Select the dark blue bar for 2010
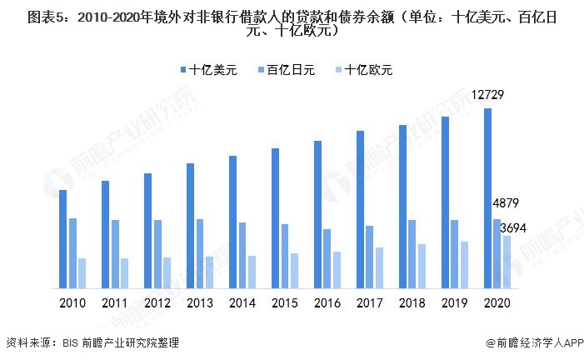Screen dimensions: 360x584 click(x=62, y=239)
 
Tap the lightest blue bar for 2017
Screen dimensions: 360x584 click(x=379, y=267)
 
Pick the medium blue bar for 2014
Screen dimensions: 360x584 click(x=242, y=255)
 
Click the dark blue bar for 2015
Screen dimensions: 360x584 click(x=275, y=218)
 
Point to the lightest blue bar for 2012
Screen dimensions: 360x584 click(x=167, y=272)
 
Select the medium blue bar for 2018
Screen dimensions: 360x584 click(x=412, y=254)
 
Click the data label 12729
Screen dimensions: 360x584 click(x=487, y=95)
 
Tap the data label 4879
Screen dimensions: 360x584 click(x=506, y=204)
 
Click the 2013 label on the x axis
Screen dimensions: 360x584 click(x=200, y=303)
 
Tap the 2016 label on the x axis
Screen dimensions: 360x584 click(x=327, y=303)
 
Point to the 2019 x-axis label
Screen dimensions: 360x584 click(x=454, y=303)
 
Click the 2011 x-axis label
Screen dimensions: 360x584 click(x=116, y=303)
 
